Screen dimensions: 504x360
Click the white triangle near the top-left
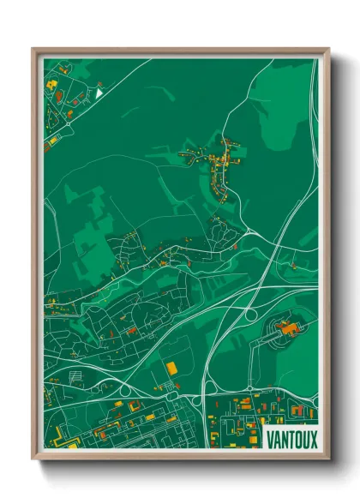99,91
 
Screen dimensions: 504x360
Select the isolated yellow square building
171,368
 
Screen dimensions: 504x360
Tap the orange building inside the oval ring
288,327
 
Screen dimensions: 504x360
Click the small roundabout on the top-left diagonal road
69,124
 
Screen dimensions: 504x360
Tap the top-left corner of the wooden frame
34,49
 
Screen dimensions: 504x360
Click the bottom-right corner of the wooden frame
327,459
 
